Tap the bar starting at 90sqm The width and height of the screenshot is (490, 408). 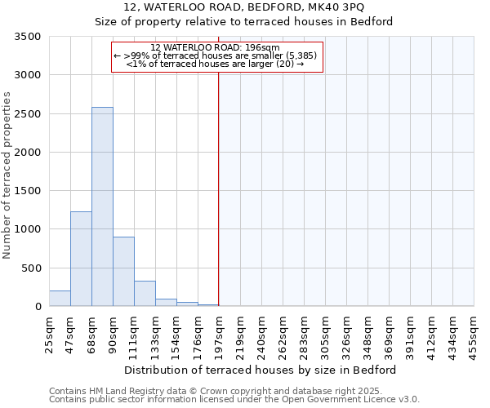point(123,272)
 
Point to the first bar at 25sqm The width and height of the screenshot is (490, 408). point(60,299)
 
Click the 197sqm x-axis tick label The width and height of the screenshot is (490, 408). point(219,333)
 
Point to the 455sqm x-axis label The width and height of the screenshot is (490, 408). point(474,333)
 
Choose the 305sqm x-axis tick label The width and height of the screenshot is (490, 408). point(325,333)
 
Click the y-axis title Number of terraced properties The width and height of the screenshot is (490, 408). point(7,175)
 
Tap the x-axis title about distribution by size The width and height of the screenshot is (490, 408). point(261,370)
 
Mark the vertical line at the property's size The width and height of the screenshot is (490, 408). point(219,188)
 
